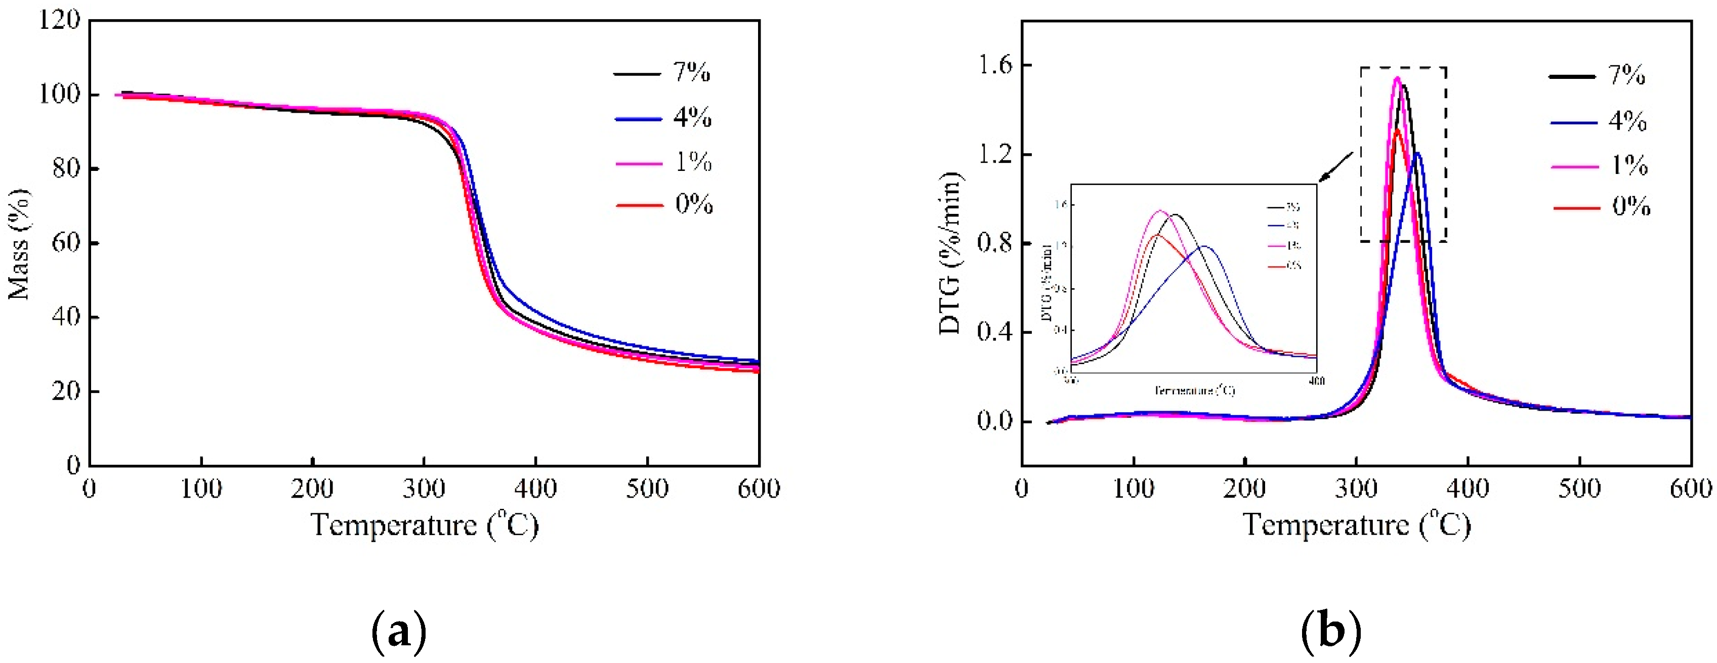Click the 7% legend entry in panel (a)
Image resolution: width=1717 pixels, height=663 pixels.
click(691, 72)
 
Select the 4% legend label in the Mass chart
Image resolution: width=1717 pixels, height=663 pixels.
click(692, 117)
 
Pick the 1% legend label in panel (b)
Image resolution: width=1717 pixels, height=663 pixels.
click(1629, 165)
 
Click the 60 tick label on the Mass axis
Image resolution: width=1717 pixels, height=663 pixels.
click(65, 243)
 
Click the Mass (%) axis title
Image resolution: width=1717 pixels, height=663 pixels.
click(19, 244)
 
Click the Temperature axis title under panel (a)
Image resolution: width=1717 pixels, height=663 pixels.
click(424, 525)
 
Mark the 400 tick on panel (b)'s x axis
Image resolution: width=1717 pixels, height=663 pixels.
click(1468, 489)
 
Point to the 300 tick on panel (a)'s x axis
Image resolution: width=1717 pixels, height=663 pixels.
click(424, 489)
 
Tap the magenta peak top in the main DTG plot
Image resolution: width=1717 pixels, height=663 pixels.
click(1397, 78)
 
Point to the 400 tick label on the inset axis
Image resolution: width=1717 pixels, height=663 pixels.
click(1316, 381)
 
